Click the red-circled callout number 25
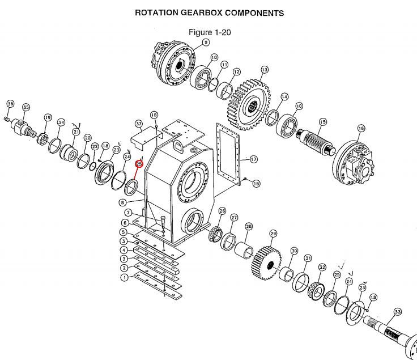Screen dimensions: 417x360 point(139,164)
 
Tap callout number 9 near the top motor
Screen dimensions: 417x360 point(206,43)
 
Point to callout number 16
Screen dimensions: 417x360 point(361,128)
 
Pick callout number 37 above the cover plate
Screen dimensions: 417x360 point(139,124)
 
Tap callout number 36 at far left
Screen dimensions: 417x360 point(10,104)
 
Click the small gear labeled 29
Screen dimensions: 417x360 point(266,263)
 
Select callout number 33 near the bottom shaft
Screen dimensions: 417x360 point(397,312)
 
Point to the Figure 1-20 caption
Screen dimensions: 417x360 point(210,32)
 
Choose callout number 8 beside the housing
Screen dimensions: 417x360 point(122,202)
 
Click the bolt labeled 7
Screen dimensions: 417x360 point(163,222)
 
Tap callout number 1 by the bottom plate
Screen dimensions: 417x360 point(125,278)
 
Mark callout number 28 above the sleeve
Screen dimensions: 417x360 point(249,226)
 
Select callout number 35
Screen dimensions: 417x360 point(26,107)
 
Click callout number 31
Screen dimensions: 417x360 point(308,258)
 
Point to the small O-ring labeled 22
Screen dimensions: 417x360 point(93,166)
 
